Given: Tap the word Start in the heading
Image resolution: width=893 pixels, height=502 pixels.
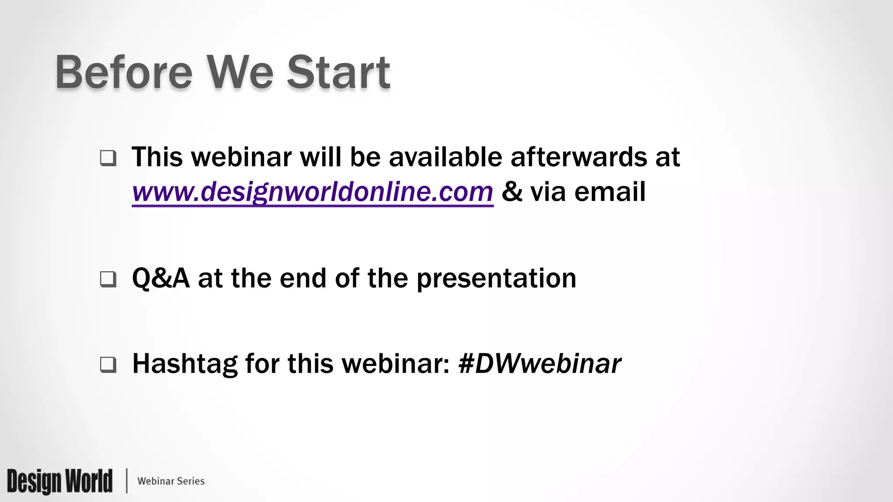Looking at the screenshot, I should (338, 72).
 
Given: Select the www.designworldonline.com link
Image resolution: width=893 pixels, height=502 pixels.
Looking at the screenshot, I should (312, 192).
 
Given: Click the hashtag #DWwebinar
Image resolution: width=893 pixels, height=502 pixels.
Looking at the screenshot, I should (540, 364).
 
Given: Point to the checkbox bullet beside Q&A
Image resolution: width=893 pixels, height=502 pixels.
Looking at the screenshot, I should (108, 279).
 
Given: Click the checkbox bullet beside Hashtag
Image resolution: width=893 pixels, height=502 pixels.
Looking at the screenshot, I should (108, 364).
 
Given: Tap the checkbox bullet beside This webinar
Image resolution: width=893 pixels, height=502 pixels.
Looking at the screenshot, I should (108, 158).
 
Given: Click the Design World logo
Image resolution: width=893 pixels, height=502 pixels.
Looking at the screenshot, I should (60, 481).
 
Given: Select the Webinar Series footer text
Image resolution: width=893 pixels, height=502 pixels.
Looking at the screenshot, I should (171, 481).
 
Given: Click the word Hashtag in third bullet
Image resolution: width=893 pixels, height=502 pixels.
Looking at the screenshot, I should (184, 364).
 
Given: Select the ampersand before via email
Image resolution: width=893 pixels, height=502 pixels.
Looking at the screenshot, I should (512, 192).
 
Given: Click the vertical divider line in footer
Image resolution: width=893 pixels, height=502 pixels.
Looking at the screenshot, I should (127, 481).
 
